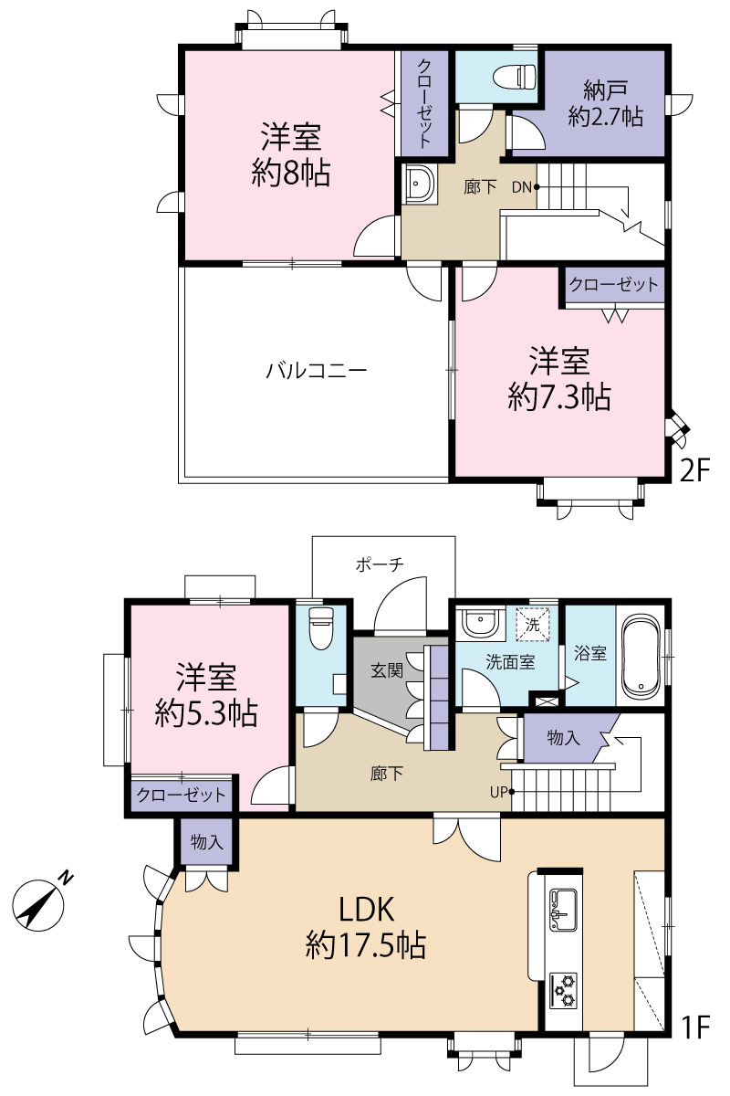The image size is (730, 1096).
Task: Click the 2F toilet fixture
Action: (515, 77)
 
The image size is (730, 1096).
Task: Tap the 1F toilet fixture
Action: (321, 627)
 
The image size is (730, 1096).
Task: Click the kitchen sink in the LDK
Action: (563, 909)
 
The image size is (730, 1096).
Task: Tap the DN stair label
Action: (521, 187)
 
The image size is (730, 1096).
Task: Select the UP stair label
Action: (499, 792)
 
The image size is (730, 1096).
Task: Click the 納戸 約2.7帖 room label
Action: (605, 103)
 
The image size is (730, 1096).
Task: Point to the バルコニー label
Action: (316, 371)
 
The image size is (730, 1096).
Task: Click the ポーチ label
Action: (380, 564)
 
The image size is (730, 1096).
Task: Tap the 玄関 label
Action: (387, 670)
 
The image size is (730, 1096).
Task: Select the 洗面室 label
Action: (510, 662)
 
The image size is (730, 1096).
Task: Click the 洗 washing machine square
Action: (533, 625)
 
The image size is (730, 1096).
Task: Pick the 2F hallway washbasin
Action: (420, 184)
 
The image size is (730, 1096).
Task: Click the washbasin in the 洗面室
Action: (480, 622)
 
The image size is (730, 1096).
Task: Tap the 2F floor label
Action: (694, 469)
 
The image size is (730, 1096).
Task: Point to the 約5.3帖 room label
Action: (206, 714)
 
